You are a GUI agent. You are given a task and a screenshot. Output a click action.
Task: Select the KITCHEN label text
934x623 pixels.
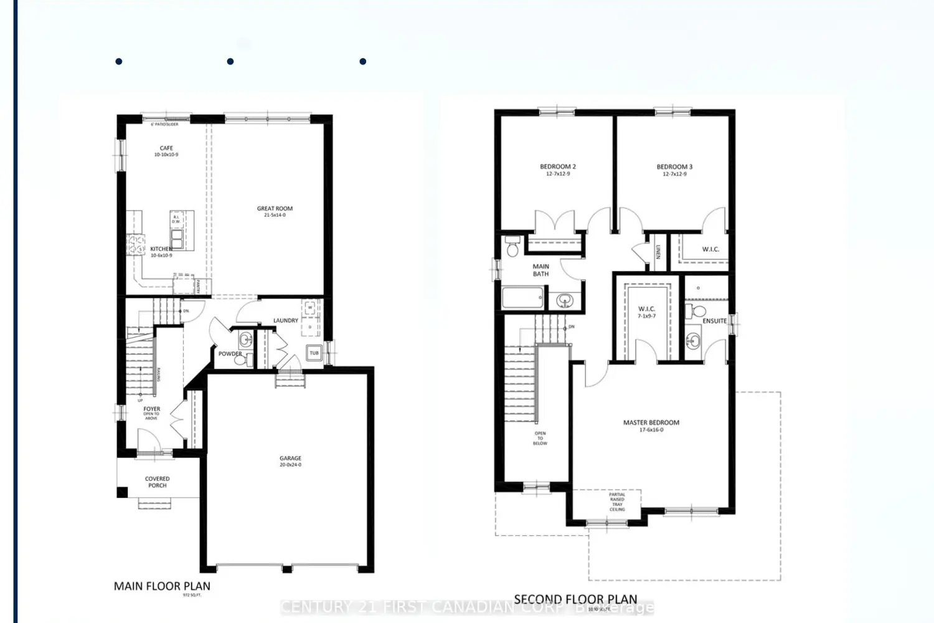point(161,249)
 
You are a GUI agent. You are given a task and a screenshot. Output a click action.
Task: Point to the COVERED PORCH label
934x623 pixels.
point(157,482)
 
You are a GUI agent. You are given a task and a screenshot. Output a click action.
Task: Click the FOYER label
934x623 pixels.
point(151,409)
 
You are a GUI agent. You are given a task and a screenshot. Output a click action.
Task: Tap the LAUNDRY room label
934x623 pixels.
point(286,321)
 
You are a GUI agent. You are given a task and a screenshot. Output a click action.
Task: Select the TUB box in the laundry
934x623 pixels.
point(314,353)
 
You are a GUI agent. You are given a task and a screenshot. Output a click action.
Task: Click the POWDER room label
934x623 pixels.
point(230,354)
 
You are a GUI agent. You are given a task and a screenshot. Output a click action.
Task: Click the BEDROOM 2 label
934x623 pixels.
point(557,167)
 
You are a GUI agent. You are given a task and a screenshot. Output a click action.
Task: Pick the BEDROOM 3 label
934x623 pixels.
point(674,167)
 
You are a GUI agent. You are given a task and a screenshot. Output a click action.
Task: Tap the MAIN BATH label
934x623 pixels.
point(540,270)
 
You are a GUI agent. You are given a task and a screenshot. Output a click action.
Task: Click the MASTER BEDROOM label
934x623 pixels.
point(651,422)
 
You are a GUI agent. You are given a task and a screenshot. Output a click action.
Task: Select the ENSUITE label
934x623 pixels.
point(714,321)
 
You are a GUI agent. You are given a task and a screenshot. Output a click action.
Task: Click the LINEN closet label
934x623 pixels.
point(658,252)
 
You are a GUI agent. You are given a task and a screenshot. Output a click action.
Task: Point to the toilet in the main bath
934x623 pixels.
point(513,247)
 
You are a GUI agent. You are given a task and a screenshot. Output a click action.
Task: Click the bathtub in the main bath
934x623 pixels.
point(522,298)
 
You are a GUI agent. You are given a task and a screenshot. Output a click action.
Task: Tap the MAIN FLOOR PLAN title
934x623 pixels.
point(162,586)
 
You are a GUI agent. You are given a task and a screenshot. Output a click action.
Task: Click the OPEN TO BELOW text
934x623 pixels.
point(540,438)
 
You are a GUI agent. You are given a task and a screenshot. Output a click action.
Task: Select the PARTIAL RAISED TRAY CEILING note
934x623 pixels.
point(617,502)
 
